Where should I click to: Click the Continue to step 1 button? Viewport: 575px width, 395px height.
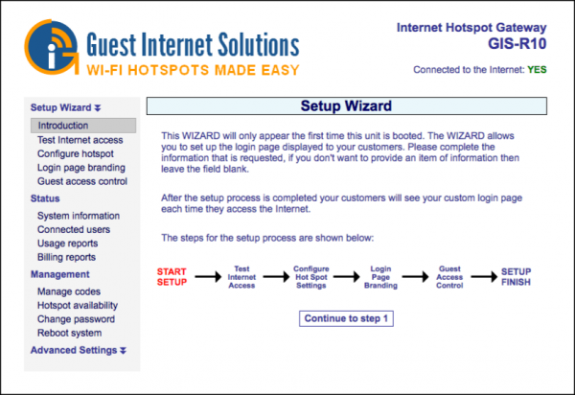click(347, 318)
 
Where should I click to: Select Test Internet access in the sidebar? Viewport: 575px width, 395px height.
click(80, 139)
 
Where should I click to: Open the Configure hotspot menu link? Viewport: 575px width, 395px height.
click(76, 153)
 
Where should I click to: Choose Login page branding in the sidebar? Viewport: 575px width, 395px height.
click(81, 167)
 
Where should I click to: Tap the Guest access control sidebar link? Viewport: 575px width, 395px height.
click(82, 180)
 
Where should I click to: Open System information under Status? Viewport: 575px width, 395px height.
click(79, 216)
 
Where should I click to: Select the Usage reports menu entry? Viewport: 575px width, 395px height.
click(71, 244)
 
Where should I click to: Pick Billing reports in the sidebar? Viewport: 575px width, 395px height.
click(67, 257)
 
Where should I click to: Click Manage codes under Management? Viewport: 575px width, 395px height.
click(69, 291)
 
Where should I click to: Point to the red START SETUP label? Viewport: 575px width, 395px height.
click(172, 277)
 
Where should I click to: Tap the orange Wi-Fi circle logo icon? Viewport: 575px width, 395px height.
click(51, 46)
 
